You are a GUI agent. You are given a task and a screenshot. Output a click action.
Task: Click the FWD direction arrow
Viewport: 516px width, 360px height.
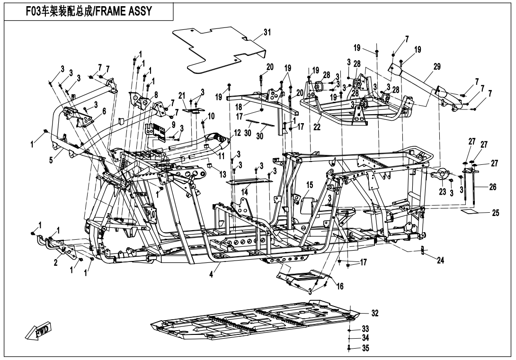[x=39, y=333]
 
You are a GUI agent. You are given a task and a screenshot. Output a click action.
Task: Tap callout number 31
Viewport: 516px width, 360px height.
[x=267, y=32]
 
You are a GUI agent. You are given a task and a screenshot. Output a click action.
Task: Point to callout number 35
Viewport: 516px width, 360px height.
[x=365, y=348]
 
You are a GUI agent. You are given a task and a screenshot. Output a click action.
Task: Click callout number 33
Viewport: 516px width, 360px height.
[x=365, y=328]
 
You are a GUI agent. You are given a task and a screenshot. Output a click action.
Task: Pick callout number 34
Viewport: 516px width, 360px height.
[x=365, y=338]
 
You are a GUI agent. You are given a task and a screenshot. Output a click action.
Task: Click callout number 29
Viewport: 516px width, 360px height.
[x=436, y=67]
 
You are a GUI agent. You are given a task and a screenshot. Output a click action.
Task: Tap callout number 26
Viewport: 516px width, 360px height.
[x=492, y=187]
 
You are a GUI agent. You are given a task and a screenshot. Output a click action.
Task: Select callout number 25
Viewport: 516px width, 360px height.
[x=495, y=213]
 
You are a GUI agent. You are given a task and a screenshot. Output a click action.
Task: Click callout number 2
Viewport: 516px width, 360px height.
[x=56, y=263]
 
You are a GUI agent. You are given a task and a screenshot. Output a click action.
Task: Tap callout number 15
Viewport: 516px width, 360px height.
[x=310, y=184]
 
